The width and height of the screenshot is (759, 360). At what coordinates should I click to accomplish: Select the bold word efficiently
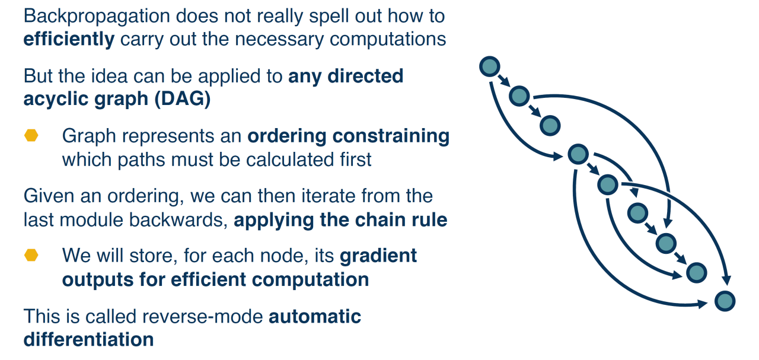[x=69, y=39]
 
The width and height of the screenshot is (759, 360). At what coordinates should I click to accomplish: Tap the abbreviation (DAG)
[x=183, y=98]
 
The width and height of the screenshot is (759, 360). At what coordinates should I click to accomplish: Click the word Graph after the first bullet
[x=87, y=136]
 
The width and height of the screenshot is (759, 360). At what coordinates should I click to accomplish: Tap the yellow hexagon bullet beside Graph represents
[x=31, y=136]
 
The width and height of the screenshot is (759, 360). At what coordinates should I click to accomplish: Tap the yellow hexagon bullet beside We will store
[x=31, y=256]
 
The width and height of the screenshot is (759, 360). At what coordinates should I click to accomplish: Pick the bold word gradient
[x=378, y=256]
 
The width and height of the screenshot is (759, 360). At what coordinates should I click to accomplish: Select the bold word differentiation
[x=88, y=339]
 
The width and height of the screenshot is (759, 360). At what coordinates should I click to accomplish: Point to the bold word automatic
[x=315, y=316]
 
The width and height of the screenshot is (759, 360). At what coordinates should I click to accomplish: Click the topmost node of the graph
[x=490, y=67]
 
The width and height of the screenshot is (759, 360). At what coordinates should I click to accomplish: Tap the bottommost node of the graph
[x=725, y=301]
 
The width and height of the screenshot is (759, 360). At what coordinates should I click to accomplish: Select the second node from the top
[x=519, y=95]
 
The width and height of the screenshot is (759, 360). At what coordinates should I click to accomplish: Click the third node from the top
[x=550, y=125]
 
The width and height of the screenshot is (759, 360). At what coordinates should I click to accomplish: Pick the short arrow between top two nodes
[x=504, y=81]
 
